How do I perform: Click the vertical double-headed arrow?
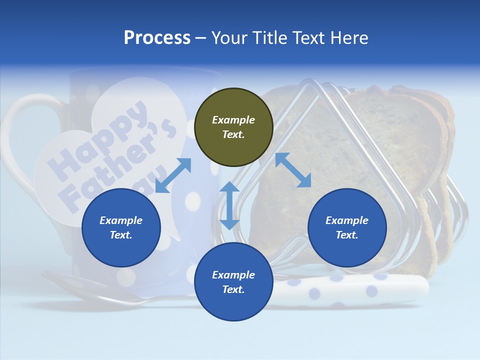(229, 205)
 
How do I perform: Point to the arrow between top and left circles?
(173, 175)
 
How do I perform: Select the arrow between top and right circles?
(293, 170)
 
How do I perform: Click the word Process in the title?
(157, 38)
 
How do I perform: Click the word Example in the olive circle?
(233, 120)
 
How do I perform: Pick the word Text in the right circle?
(347, 235)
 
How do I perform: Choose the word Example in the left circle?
(121, 220)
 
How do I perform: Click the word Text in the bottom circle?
(233, 289)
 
